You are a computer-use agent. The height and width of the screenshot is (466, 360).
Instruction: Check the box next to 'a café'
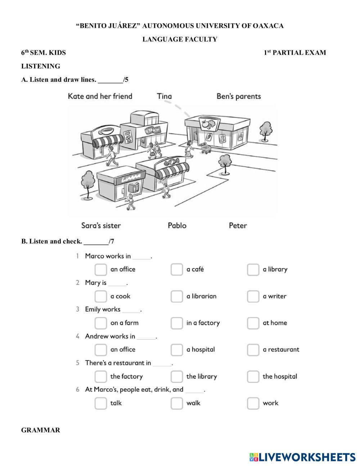pyautogui.click(x=176, y=269)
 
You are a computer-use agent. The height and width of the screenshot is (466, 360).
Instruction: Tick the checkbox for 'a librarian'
pyautogui.click(x=176, y=296)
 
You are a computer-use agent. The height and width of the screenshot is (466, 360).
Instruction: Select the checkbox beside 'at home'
pyautogui.click(x=253, y=323)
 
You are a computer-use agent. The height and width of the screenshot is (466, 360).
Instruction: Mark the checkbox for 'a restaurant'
pyautogui.click(x=253, y=350)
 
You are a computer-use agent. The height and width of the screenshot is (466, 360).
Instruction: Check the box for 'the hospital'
pyautogui.click(x=253, y=377)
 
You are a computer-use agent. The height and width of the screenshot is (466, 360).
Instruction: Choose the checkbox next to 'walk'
pyautogui.click(x=176, y=403)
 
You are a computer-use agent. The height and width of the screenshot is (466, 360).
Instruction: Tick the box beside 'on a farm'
pyautogui.click(x=100, y=323)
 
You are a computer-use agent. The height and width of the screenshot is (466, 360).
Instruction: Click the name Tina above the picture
pyautogui.click(x=164, y=96)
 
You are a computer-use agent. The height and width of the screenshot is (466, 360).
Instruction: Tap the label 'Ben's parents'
pyautogui.click(x=238, y=96)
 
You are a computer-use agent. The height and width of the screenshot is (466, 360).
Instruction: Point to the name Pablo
pyautogui.click(x=177, y=225)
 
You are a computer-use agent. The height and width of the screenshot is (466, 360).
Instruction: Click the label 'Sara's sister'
pyautogui.click(x=101, y=225)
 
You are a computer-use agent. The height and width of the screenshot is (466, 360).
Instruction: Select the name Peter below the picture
pyautogui.click(x=238, y=225)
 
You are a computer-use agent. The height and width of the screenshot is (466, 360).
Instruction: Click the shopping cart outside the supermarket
pyautogui.click(x=206, y=148)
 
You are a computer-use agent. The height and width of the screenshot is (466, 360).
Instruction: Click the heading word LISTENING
pyautogui.click(x=41, y=66)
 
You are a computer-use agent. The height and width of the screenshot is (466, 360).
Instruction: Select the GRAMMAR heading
pyautogui.click(x=41, y=430)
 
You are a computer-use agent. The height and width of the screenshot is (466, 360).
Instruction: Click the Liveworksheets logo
pyautogui.click(x=302, y=457)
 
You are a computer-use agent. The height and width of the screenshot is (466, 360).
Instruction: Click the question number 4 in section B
pyautogui.click(x=77, y=336)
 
